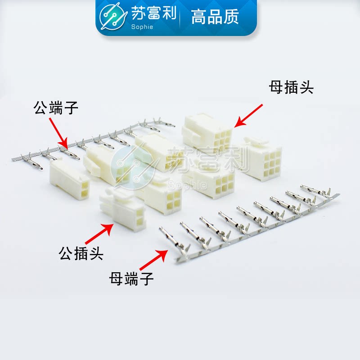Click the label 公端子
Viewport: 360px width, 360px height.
[x=56, y=108]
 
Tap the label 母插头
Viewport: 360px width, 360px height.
[x=291, y=87]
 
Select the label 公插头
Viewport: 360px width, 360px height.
[x=81, y=253]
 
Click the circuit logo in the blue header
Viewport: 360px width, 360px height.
[x=113, y=18]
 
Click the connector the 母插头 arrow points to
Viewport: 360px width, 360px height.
[x=207, y=133]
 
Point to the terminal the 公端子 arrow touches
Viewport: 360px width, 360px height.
[x=67, y=151]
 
